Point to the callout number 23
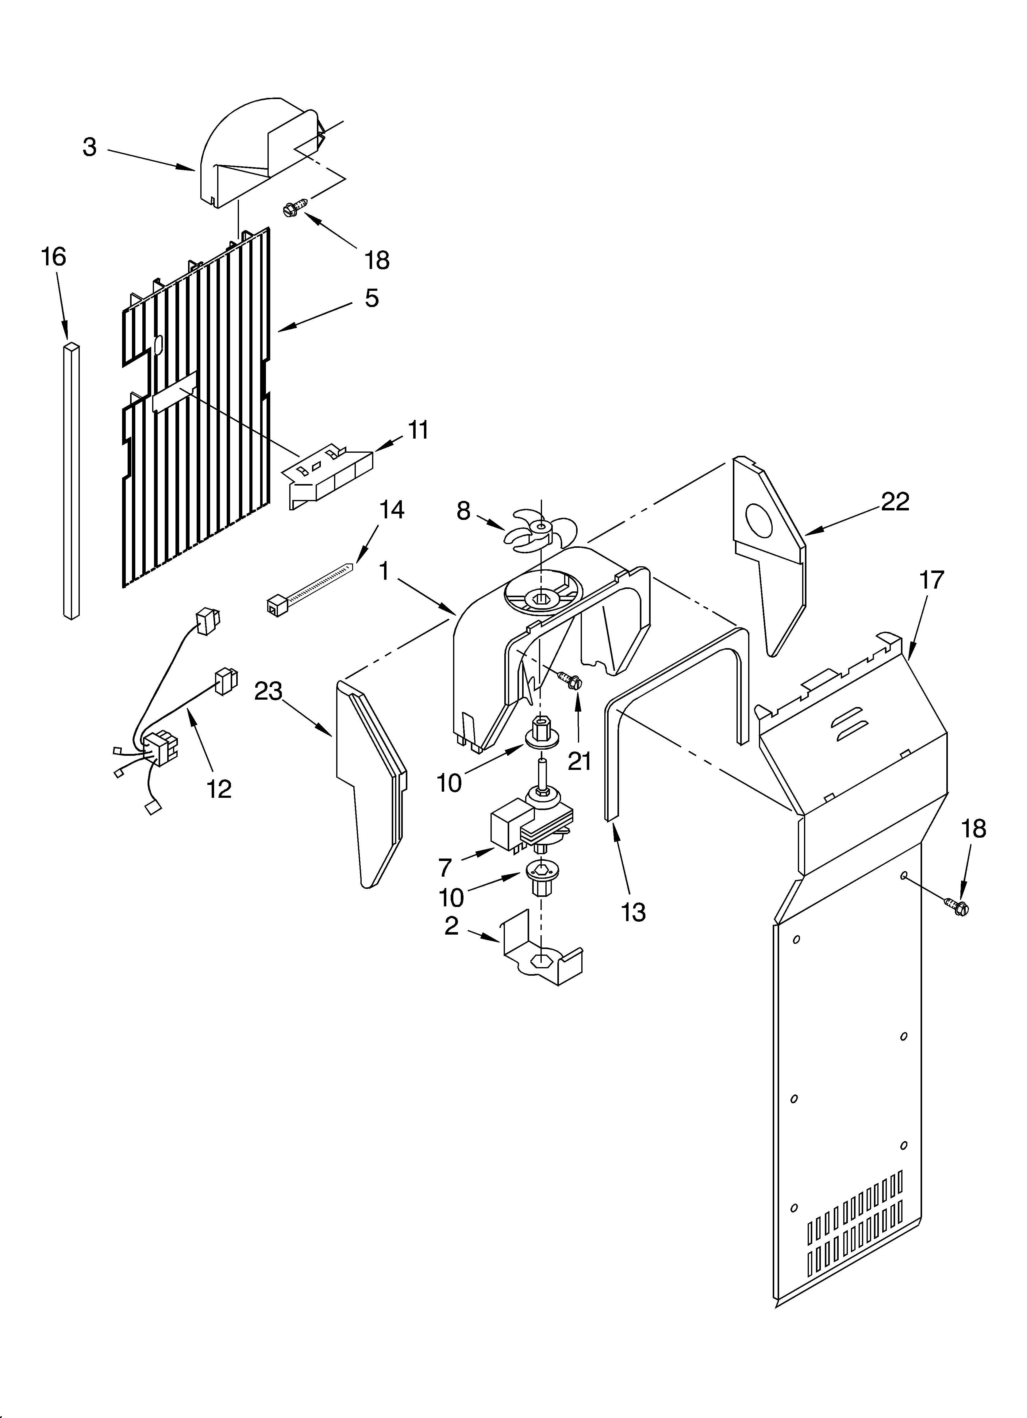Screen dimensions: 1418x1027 pyautogui.click(x=268, y=691)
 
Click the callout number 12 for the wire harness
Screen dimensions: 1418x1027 pyautogui.click(x=219, y=789)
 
